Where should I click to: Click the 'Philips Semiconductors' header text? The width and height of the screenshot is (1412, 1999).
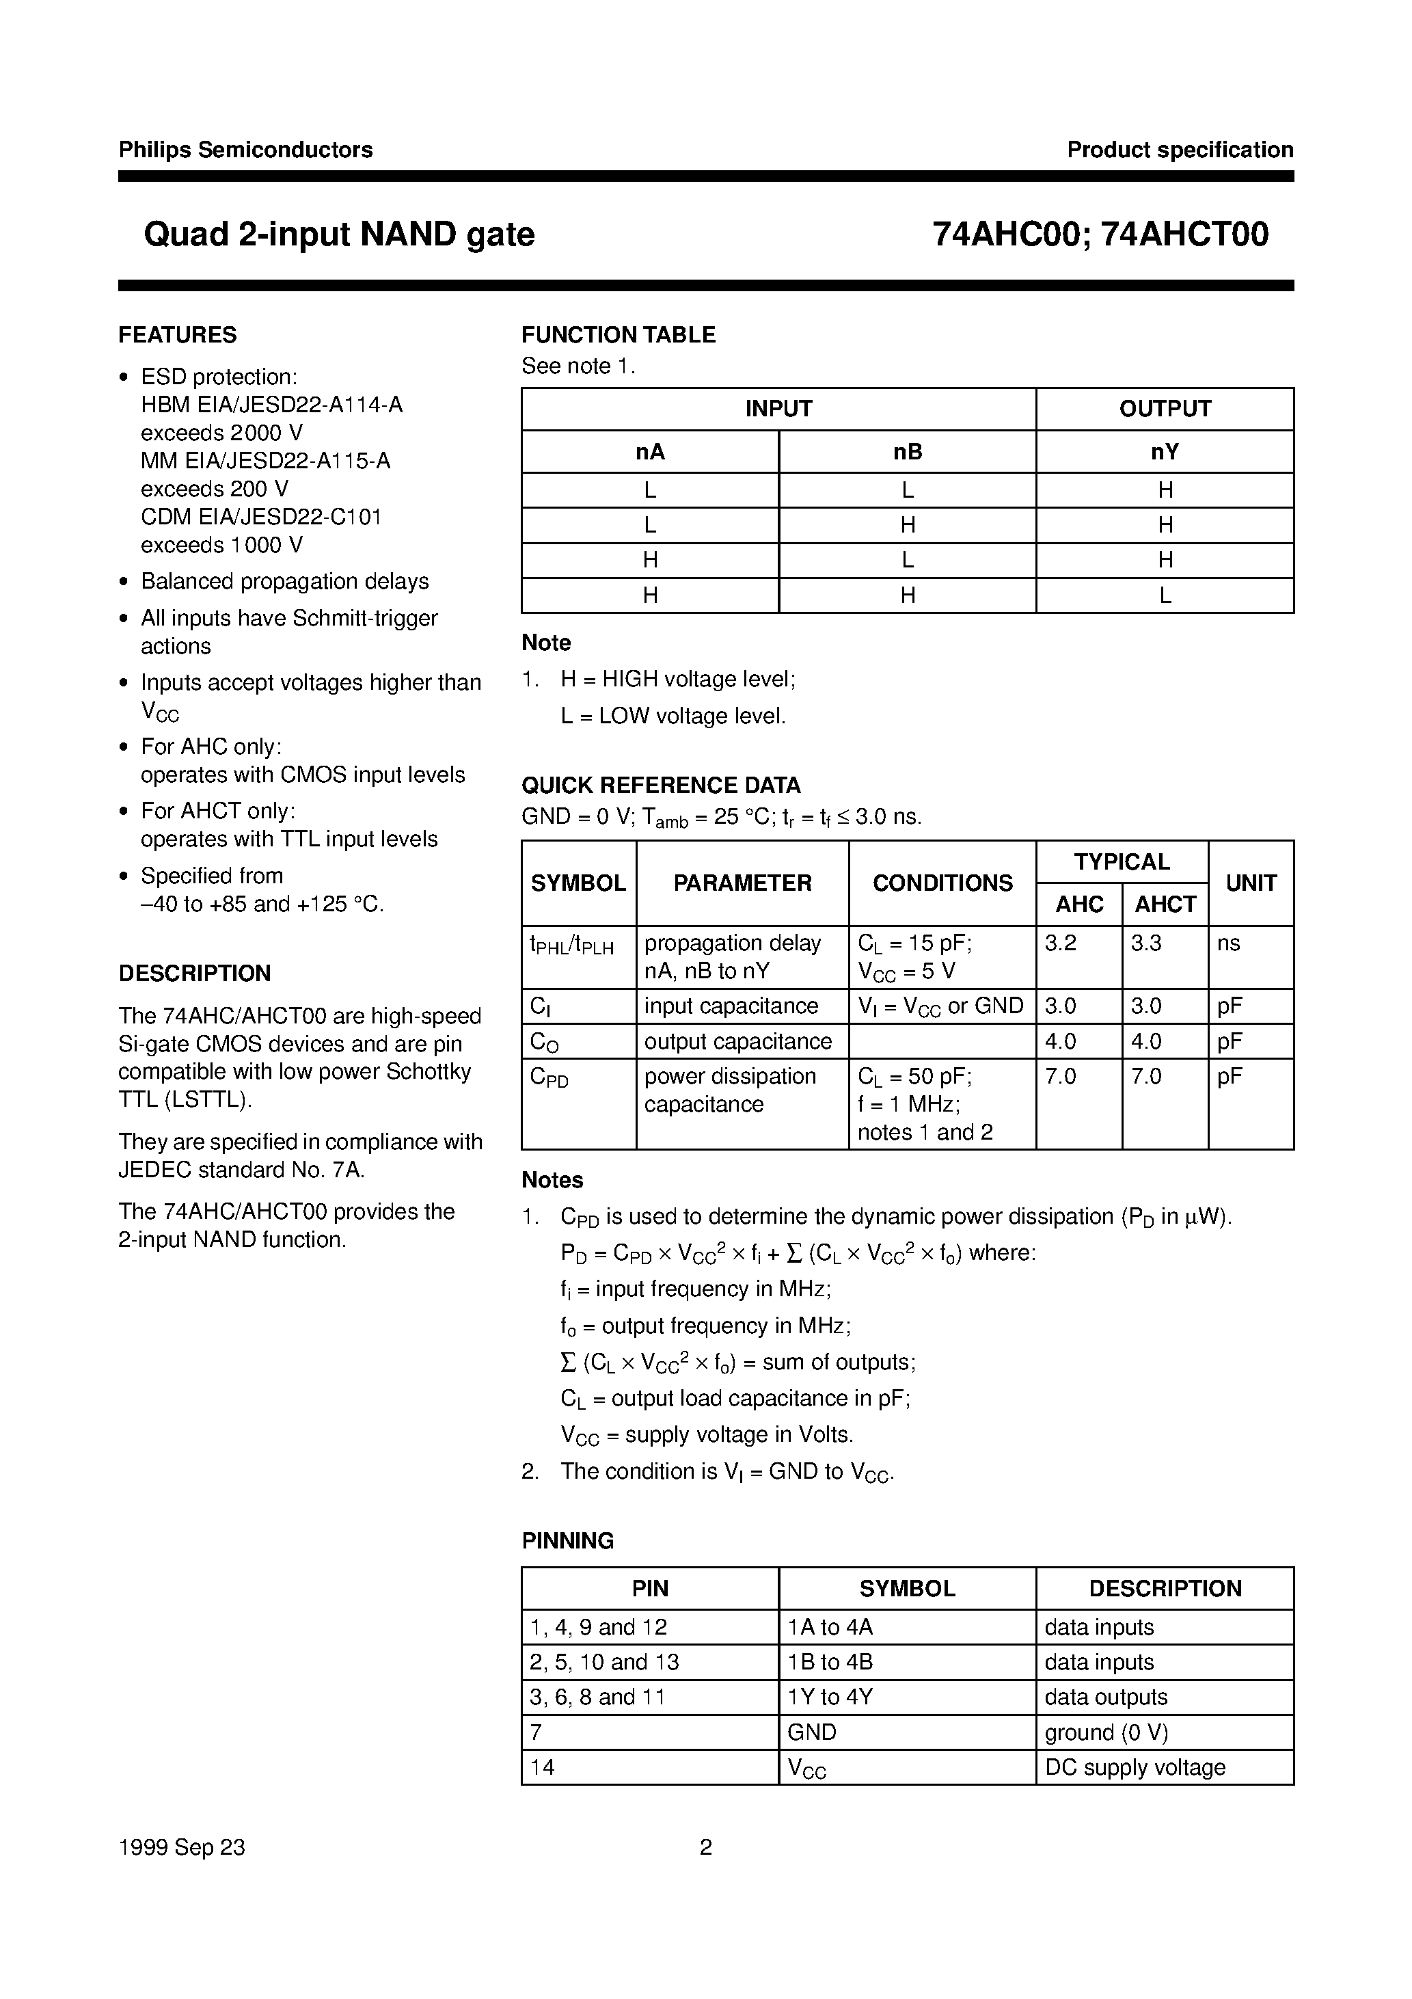pos(245,150)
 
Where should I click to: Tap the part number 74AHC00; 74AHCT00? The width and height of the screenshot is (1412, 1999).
pos(1100,234)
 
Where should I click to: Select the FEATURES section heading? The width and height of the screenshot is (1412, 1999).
pos(178,335)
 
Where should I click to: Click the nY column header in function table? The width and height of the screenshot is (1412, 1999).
pos(1165,452)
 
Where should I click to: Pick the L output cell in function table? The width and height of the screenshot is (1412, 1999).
pos(1165,595)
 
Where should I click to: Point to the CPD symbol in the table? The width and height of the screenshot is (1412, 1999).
pos(549,1078)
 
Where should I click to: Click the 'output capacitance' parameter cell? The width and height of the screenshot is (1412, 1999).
pos(738,1041)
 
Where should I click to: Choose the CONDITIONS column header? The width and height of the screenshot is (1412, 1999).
pos(942,883)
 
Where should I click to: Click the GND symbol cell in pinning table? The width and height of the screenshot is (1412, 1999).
pos(811,1732)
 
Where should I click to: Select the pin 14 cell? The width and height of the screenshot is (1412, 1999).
pos(543,1767)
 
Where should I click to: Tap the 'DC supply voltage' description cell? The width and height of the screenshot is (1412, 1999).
pos(1135,1767)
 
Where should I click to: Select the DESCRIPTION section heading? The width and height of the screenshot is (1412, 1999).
pos(195,974)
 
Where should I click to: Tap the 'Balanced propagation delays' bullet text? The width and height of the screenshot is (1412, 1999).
pos(285,582)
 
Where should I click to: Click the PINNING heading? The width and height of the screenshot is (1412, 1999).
pos(567,1541)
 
